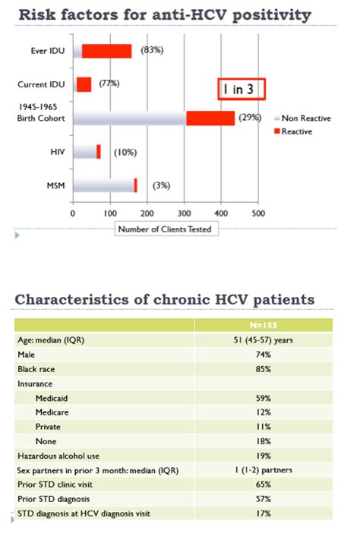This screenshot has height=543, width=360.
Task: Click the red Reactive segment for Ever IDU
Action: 106,51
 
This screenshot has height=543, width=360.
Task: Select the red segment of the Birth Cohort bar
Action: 210,118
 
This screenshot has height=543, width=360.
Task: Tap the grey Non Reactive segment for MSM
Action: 103,185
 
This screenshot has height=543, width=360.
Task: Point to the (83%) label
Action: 152,50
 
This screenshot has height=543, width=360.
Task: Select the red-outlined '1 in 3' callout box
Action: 241,89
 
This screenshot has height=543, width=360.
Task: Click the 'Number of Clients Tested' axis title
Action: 163,228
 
